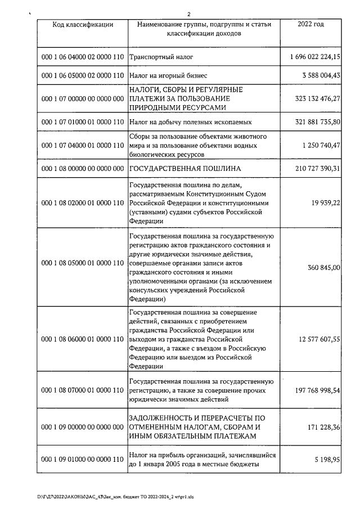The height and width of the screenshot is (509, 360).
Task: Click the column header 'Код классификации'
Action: [x=83, y=25]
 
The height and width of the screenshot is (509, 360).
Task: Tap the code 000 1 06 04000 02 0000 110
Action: [x=83, y=57]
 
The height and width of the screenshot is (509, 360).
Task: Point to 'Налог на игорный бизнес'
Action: [x=169, y=75]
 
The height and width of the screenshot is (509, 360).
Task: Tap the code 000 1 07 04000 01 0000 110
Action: [x=83, y=146]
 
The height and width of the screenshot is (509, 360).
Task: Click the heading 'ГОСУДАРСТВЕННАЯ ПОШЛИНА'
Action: [x=185, y=169]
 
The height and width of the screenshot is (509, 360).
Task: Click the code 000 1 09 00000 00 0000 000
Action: [x=83, y=427]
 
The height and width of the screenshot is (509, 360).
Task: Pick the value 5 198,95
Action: [x=328, y=460]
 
